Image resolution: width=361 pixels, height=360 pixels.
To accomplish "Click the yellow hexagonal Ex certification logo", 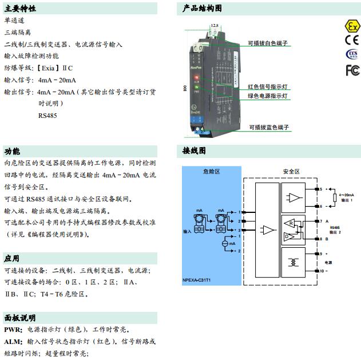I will pyautogui.click(x=351, y=26).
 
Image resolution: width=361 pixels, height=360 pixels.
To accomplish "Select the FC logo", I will pyautogui.click(x=352, y=69).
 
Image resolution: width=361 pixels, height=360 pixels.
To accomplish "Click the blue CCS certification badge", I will pyautogui.click(x=352, y=54).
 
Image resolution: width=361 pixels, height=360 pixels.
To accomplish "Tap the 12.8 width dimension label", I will pyautogui.click(x=215, y=26).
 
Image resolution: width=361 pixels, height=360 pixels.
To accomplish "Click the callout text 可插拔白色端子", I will pyautogui.click(x=268, y=43).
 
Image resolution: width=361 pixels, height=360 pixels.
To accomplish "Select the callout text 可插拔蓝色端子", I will pyautogui.click(x=268, y=127).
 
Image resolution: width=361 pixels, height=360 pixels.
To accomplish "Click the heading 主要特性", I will pyautogui.click(x=20, y=9).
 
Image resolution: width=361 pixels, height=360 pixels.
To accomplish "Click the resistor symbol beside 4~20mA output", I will pyautogui.click(x=335, y=197).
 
